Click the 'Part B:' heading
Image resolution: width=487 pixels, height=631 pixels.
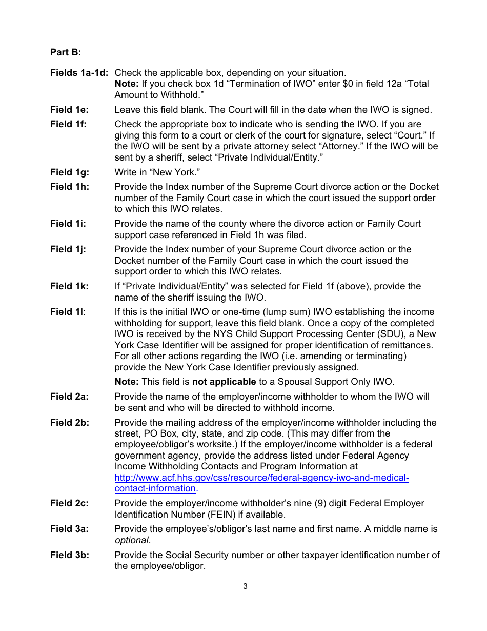tap(66, 52)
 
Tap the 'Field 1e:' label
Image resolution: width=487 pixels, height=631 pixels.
tap(69, 110)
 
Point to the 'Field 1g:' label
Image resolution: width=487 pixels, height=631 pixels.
tap(69, 172)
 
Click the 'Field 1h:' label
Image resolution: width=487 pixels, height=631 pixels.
tap(69, 187)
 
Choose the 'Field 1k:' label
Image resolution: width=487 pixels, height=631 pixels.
tap(69, 286)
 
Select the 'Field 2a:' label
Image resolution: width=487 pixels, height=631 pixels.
tap(69, 397)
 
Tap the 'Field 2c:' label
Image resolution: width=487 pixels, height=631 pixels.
tap(69, 503)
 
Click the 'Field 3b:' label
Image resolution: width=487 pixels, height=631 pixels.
tap(69, 555)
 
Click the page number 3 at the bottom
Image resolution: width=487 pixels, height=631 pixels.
tap(245, 586)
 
